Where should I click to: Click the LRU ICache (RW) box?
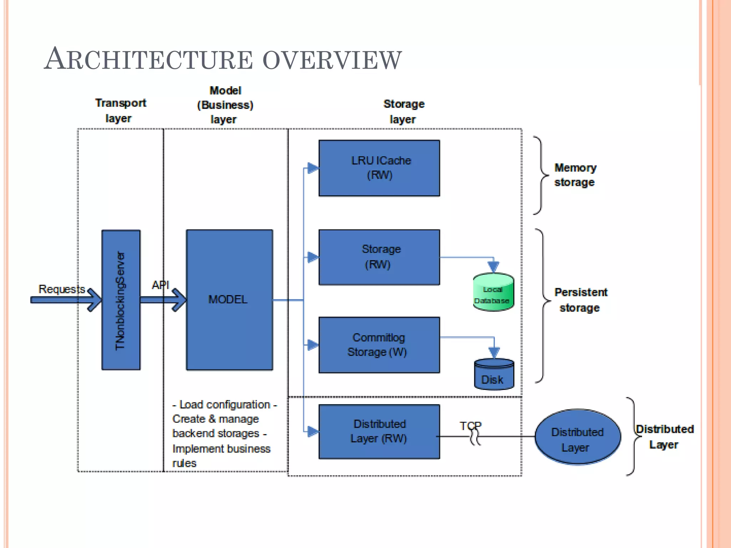click(x=379, y=168)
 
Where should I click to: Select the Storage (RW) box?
click(x=379, y=257)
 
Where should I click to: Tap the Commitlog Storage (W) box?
click(x=379, y=345)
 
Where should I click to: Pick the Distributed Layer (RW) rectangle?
click(x=379, y=431)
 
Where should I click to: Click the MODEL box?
click(x=229, y=300)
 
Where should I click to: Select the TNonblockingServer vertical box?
click(x=121, y=300)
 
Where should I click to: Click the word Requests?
click(x=61, y=289)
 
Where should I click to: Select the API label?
click(x=160, y=285)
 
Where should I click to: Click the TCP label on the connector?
click(x=470, y=426)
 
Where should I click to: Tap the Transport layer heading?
click(x=120, y=110)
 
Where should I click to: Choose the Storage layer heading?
click(x=404, y=111)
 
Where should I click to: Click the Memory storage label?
click(x=575, y=175)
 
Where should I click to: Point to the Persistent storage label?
click(x=580, y=300)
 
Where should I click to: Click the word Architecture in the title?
click(x=148, y=59)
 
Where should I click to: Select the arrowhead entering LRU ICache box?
click(x=313, y=168)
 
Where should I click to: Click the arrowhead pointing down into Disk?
click(x=494, y=353)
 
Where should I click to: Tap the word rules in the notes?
click(x=184, y=463)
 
